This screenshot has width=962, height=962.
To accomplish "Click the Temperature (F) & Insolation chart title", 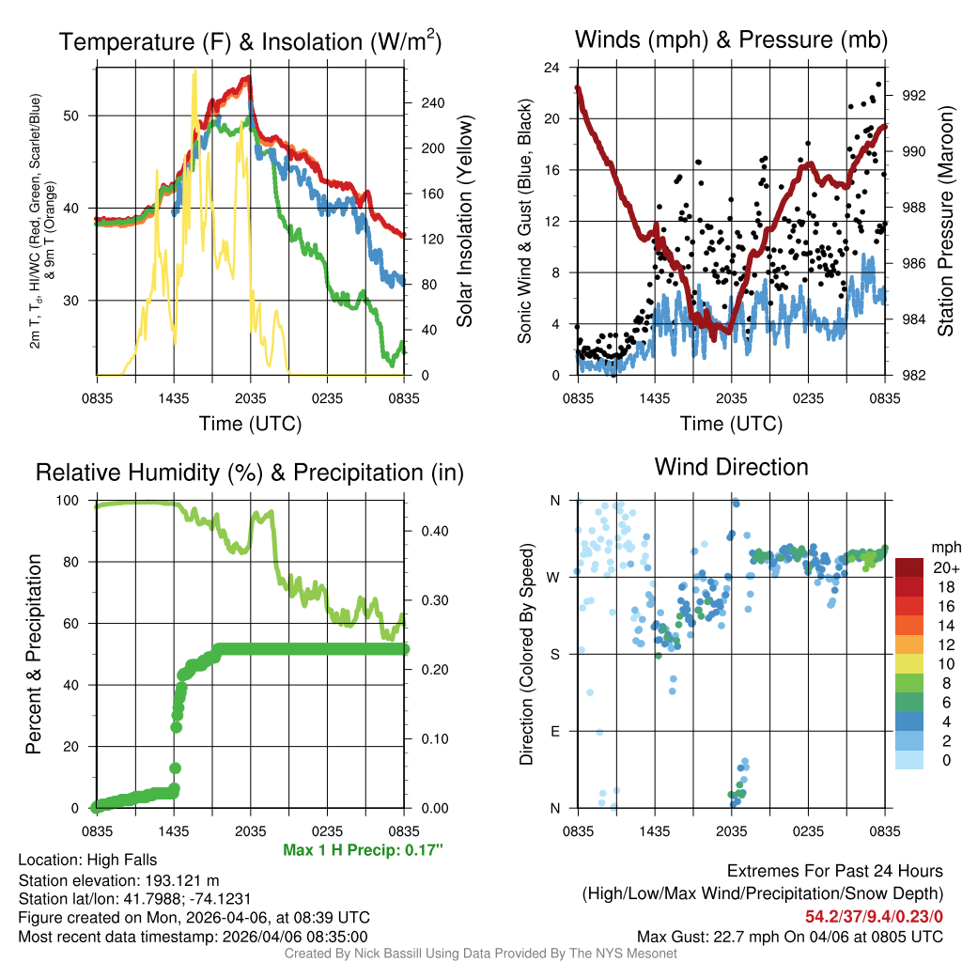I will coord(250,41).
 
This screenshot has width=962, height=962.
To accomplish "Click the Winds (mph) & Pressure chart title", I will coord(731,39).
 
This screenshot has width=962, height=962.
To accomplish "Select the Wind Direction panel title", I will coord(731,467).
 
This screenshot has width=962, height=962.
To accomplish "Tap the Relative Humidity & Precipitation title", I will coord(250,473).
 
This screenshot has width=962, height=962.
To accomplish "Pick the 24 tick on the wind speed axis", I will coord(552,68).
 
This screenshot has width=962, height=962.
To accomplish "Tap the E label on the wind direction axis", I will coord(555,731).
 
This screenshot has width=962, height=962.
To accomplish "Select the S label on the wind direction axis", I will coord(555,654).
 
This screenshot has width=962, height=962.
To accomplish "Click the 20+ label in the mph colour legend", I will coord(944,567).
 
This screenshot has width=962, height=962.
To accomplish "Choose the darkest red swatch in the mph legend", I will coord(909,567).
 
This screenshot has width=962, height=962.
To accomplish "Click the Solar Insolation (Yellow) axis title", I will coord(465,222).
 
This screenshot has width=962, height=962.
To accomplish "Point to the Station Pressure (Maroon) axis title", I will coord(946,222).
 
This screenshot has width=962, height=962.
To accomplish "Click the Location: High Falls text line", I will coord(87,860).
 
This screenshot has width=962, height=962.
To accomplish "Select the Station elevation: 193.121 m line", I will coord(118,880).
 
